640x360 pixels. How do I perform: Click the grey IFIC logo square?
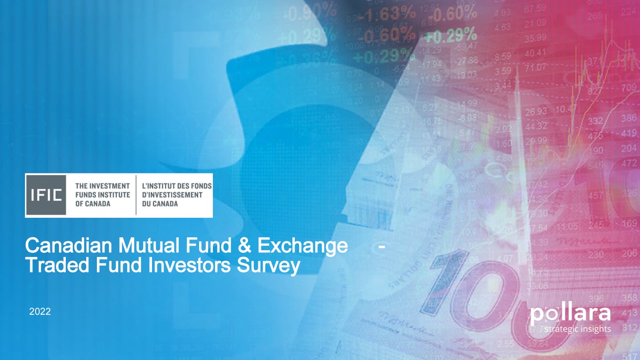click(46, 195)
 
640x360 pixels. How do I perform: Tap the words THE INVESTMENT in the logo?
click(103, 186)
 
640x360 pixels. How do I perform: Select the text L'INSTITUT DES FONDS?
click(177, 186)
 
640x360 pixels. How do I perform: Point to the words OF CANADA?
click(93, 204)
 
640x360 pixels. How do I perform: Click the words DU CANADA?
click(160, 204)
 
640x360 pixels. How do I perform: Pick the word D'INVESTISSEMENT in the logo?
click(172, 195)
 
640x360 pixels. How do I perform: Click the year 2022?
click(40, 312)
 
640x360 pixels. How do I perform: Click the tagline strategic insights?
click(577, 329)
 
